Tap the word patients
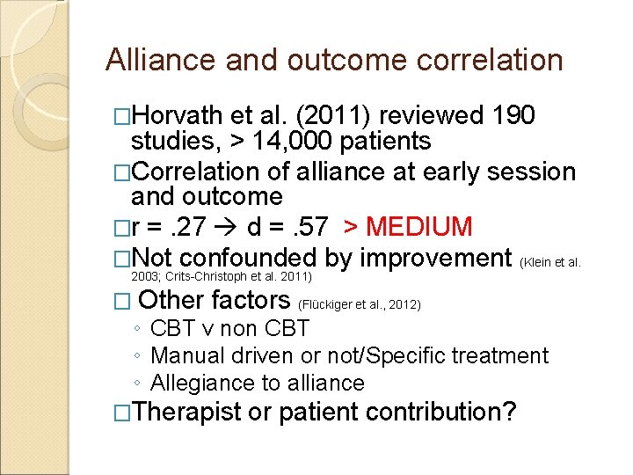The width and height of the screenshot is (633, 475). (381, 142)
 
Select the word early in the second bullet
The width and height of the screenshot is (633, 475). (455, 172)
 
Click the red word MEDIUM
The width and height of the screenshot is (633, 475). (420, 227)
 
